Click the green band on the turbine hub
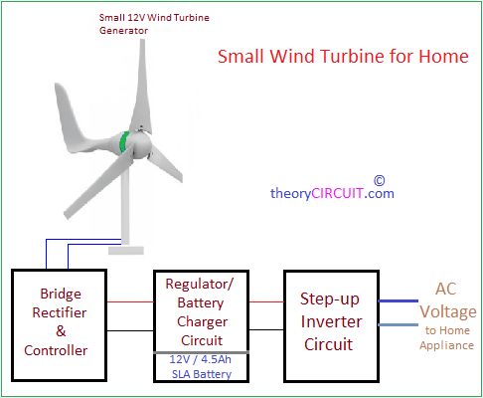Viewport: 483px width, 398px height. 124,142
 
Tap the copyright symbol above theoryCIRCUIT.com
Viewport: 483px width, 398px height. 380,181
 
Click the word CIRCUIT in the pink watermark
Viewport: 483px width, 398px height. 337,193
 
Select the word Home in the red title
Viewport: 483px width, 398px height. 444,56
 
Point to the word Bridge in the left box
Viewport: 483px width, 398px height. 61,294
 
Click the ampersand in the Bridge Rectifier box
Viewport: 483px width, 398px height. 61,331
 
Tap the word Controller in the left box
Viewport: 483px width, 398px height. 56,350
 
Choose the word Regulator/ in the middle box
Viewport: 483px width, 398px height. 200,284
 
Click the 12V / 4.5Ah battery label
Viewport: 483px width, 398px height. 201,359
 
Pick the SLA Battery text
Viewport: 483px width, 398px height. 202,374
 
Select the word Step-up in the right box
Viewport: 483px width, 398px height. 330,299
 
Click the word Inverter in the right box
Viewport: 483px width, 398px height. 331,321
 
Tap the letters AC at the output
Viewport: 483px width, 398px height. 445,289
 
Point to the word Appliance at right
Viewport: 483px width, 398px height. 446,345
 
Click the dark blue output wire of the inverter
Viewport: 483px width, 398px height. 399,300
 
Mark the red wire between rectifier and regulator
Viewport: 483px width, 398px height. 130,301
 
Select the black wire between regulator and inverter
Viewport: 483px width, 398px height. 266,330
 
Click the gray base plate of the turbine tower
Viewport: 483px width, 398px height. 126,251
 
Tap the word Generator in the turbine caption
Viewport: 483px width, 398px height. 123,31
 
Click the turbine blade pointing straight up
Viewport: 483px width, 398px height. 142,87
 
